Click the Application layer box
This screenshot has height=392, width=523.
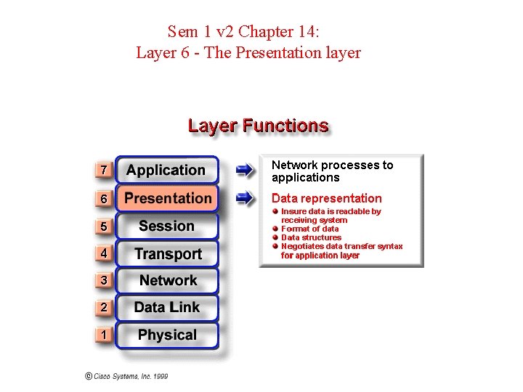(x=166, y=171)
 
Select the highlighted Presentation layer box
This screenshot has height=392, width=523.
(x=168, y=198)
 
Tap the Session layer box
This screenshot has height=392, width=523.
(x=167, y=226)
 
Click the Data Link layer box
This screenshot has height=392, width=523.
(x=167, y=308)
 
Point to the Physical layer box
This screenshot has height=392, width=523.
(x=167, y=335)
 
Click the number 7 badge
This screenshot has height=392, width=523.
(x=104, y=171)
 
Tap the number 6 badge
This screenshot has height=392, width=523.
(x=104, y=199)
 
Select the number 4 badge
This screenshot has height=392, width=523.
(x=104, y=254)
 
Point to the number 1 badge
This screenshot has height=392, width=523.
(x=104, y=335)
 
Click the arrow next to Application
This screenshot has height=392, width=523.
(x=245, y=171)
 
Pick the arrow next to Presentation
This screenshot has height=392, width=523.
(x=245, y=197)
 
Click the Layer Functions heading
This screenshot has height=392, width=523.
(x=258, y=126)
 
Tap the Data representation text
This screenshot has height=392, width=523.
(x=326, y=198)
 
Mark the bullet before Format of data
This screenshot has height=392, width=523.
(x=276, y=229)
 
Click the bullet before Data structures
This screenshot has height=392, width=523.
(x=276, y=237)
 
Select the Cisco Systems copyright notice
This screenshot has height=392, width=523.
(x=126, y=376)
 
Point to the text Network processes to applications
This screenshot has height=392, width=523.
(x=332, y=171)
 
